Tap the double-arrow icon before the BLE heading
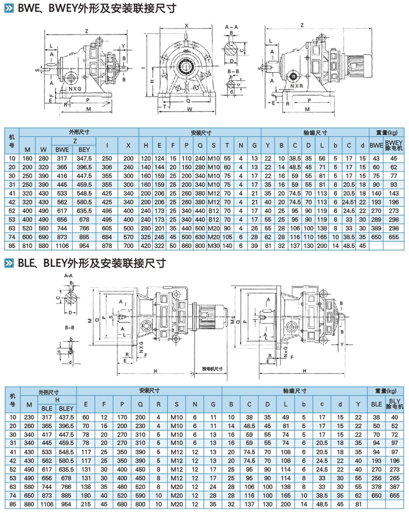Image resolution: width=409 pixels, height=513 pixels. coord(10,263)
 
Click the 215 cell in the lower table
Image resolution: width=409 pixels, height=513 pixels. coord(86,504)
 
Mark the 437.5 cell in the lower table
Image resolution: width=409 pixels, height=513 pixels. coord(67,417)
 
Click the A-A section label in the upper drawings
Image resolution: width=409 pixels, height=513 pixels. coord(231,27)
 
